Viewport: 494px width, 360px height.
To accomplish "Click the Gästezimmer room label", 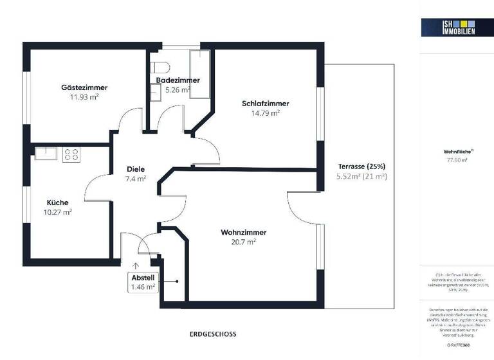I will (x=84, y=87).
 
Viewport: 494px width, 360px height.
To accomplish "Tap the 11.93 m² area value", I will (x=84, y=97).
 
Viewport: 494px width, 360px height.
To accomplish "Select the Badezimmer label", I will (x=178, y=80).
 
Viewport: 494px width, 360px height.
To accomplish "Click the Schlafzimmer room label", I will (x=265, y=104).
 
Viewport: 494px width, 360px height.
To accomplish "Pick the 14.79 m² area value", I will (x=265, y=113).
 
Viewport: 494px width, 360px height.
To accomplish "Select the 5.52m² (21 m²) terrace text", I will (x=361, y=175).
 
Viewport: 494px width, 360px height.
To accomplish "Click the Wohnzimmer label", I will (x=243, y=232).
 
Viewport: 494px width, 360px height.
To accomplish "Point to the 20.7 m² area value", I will (x=243, y=242).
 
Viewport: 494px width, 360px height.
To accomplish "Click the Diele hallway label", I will (x=136, y=170).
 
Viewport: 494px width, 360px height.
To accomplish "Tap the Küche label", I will (x=57, y=203).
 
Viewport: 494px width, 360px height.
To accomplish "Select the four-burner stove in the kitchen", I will (x=71, y=154).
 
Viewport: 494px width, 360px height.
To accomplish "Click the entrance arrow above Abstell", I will (x=136, y=265).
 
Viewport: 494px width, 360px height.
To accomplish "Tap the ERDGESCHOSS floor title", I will (x=213, y=334).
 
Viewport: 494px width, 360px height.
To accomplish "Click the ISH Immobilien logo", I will (x=448, y=26).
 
